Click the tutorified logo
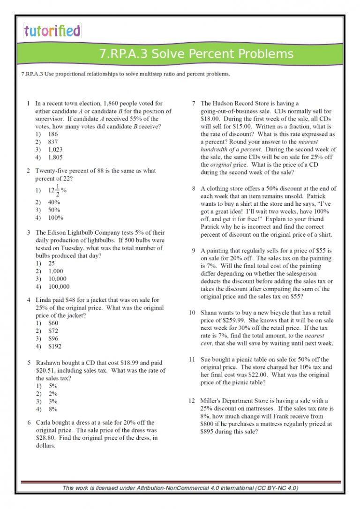[52, 31]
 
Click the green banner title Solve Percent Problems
[196, 54]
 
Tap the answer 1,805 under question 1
[55, 157]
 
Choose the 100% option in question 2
[56, 217]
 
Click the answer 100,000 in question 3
[59, 286]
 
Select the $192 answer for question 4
[54, 346]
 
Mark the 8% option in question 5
[52, 409]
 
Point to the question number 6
[29, 422]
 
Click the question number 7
[194, 103]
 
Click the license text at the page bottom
[180, 488]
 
